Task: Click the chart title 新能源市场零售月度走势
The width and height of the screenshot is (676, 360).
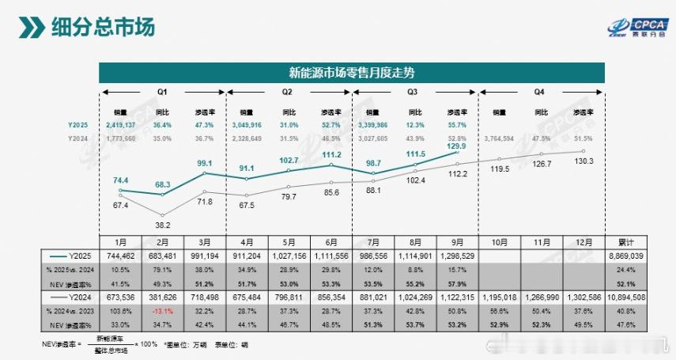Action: [x=352, y=73]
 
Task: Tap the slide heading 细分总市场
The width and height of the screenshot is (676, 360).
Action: [x=103, y=26]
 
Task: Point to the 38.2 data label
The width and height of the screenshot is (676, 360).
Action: [x=163, y=224]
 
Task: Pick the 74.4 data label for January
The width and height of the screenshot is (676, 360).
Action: [x=121, y=180]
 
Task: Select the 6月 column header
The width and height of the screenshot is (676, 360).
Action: [x=331, y=241]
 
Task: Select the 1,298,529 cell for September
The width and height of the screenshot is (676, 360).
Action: [x=458, y=256]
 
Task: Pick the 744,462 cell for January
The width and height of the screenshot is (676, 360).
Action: [x=121, y=256]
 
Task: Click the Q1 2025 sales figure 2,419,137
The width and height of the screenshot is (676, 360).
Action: [x=120, y=125]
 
